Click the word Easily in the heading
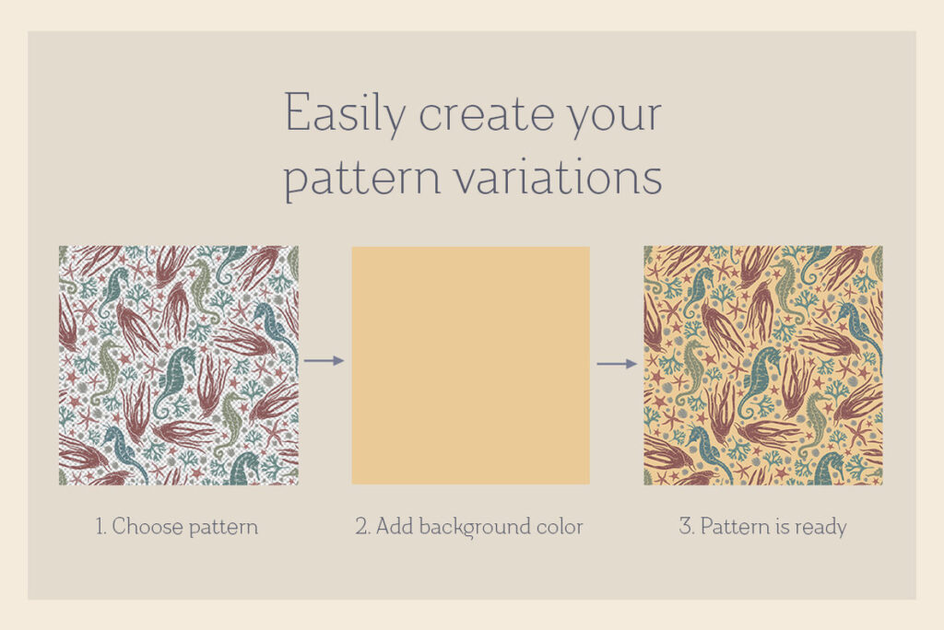(345, 114)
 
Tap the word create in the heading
(486, 115)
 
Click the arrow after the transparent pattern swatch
(324, 360)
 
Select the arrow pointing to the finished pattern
(617, 364)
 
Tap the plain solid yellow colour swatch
(471, 366)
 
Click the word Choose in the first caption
(147, 527)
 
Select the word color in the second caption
(561, 527)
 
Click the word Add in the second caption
(395, 527)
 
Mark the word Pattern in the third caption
(735, 527)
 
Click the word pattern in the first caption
(223, 528)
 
